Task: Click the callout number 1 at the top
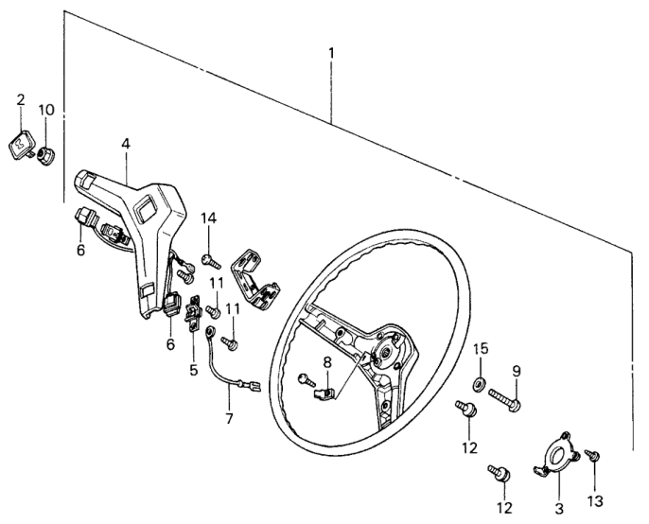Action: (x=331, y=53)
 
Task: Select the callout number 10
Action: (x=46, y=110)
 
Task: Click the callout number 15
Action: (x=480, y=350)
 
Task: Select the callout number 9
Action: (x=517, y=370)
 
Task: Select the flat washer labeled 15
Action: (x=479, y=383)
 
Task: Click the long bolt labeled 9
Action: (x=506, y=404)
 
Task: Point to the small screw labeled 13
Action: (x=594, y=457)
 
